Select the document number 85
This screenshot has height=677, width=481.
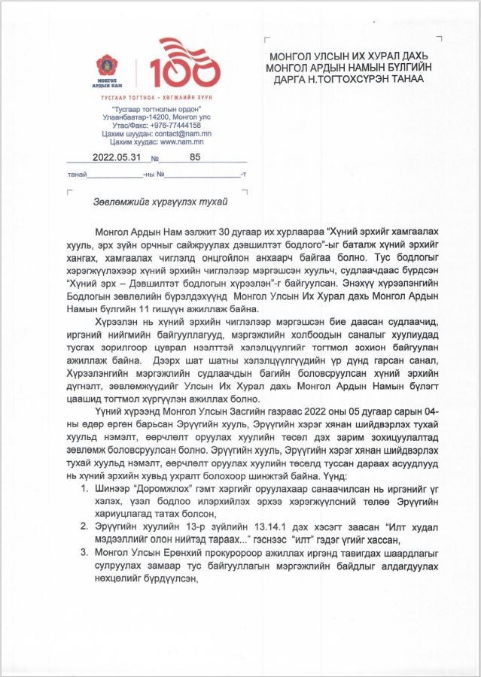click(196, 158)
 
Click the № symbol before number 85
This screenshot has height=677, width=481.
click(155, 159)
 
